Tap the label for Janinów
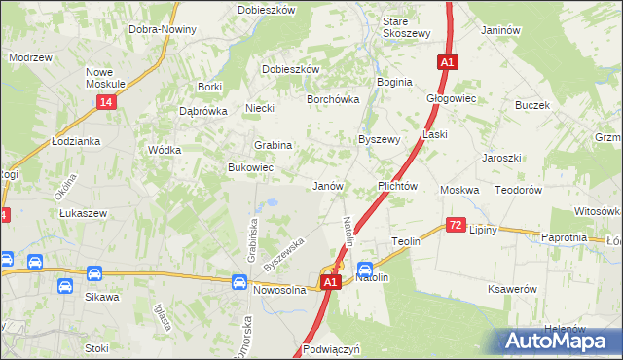[x=497, y=30]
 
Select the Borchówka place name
[x=334, y=99]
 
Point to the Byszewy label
[x=380, y=139]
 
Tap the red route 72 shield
[x=456, y=225]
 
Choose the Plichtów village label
[x=397, y=186]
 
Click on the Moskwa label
[x=459, y=190]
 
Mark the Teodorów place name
[x=519, y=190]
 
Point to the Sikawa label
[x=100, y=297]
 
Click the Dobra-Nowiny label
[x=163, y=29]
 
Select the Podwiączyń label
[x=332, y=348]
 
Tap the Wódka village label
[x=163, y=151]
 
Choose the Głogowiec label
[x=451, y=98]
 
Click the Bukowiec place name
[x=250, y=168]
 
